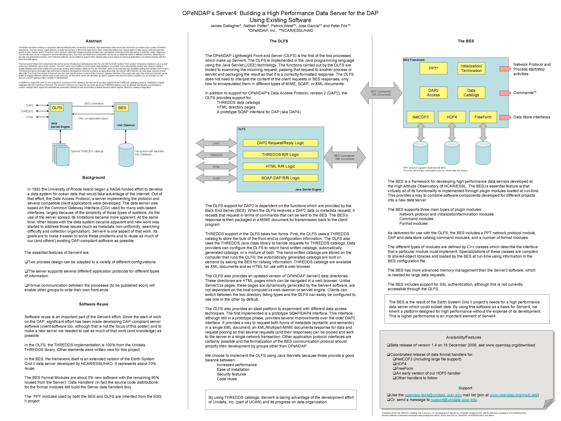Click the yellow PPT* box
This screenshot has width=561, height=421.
tap(433, 68)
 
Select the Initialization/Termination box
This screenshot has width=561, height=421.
tap(471, 68)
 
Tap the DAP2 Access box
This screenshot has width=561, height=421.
tap(433, 93)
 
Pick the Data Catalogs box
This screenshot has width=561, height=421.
tap(471, 93)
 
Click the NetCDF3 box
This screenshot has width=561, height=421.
tap(420, 117)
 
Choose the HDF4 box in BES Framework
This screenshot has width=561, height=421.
tap(452, 117)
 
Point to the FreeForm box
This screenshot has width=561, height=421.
tap(483, 117)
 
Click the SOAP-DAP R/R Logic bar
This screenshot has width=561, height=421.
tap(280, 178)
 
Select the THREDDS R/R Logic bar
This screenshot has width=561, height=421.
tap(280, 154)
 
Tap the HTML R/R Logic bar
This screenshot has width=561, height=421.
tap(280, 166)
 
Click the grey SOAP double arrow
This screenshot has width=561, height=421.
tap(216, 178)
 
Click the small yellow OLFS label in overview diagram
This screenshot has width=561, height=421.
tap(57, 108)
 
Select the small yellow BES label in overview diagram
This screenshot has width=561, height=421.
tap(122, 108)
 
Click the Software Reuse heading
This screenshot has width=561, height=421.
tap(94, 304)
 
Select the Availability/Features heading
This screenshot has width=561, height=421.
tap(463, 337)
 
